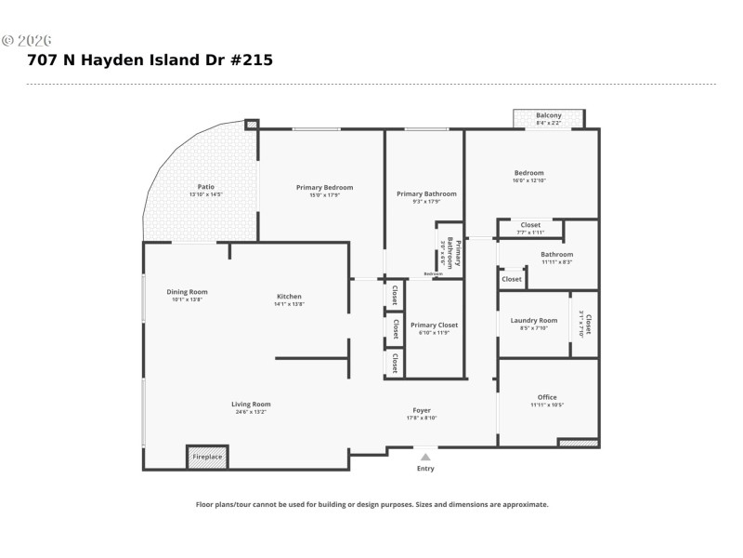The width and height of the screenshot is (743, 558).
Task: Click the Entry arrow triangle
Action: coord(425,457)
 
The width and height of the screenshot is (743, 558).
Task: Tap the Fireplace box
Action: coord(207,457)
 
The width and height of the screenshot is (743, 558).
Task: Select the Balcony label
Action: coord(549,115)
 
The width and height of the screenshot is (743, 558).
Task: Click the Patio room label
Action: coord(206,186)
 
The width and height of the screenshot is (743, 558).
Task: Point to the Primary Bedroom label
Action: coord(324,188)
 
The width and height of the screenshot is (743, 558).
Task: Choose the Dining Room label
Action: coord(187,292)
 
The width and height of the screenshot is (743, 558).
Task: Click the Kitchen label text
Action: coord(289,297)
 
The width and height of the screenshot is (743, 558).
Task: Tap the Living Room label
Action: coord(251,404)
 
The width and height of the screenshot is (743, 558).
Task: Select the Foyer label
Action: coord(422,410)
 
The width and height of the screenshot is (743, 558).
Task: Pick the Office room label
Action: coord(547,397)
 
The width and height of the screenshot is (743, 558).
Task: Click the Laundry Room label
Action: coord(534,321)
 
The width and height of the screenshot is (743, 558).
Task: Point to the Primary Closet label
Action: coord(434,325)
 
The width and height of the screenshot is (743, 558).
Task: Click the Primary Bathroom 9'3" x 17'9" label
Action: coord(426,194)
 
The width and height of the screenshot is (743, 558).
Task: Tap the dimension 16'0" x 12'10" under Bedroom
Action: coord(529,180)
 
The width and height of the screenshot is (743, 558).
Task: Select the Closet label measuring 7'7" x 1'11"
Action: coord(530,225)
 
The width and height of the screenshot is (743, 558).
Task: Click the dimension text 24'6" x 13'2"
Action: coord(251,411)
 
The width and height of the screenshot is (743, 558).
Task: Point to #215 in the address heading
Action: coord(251,60)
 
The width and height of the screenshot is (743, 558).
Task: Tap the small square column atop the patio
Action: coord(252,123)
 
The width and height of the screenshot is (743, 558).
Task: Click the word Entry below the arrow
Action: coord(425,469)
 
